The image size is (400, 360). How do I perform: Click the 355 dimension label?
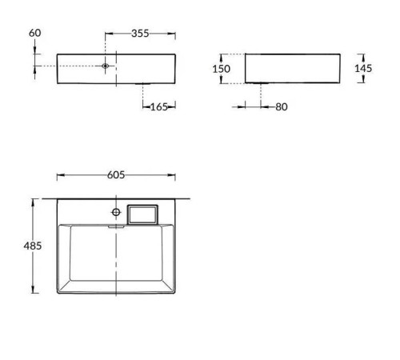click(x=142, y=33)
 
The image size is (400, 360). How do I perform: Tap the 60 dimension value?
click(x=34, y=33)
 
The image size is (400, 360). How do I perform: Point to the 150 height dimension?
click(x=222, y=69)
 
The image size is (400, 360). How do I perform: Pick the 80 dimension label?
click(x=280, y=106)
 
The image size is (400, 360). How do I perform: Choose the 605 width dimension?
click(x=116, y=175)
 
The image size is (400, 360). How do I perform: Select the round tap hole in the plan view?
click(x=116, y=212)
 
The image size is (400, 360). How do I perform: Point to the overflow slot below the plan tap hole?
click(x=116, y=226)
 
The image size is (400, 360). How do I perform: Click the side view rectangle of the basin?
click(x=292, y=68)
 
